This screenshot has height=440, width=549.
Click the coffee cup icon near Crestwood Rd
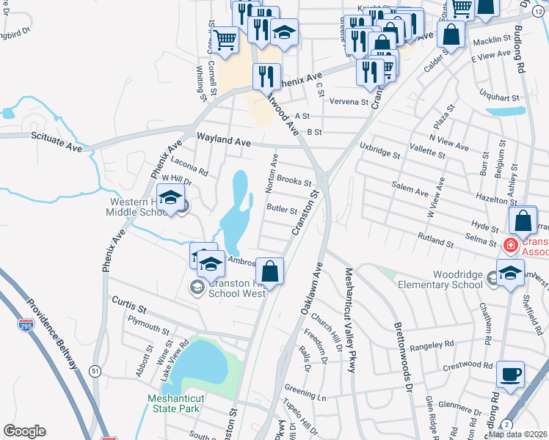pos(510,373)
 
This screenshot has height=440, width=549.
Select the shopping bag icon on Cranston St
pos(271,271)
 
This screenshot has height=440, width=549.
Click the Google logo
pos(25,431)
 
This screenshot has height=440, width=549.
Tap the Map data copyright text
pos(517,434)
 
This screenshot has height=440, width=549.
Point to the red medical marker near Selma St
pos(509,245)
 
